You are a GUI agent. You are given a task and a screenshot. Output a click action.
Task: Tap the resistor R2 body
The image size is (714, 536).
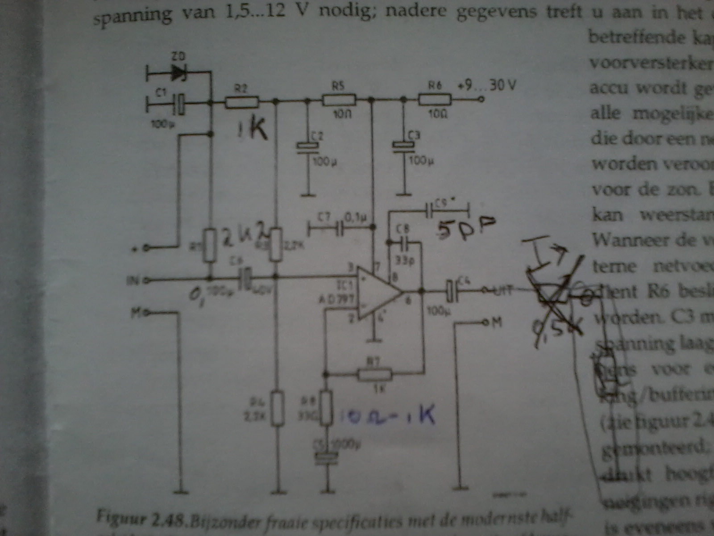pyautogui.click(x=241, y=103)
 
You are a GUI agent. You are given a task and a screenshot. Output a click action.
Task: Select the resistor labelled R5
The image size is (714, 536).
pyautogui.click(x=339, y=99)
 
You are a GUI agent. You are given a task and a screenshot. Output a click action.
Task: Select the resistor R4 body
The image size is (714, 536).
pyautogui.click(x=278, y=407)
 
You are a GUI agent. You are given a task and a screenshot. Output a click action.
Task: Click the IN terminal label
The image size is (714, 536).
pyautogui.click(x=133, y=281)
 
